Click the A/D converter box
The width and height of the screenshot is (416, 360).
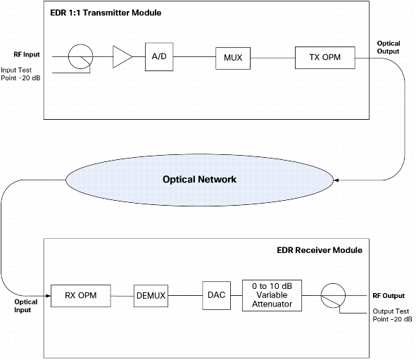[x=159, y=56]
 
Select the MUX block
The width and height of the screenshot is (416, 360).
[x=233, y=58]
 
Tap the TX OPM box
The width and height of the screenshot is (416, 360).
[x=325, y=58]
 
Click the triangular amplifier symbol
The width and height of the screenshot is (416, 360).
[x=122, y=57]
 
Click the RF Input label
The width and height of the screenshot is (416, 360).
[x=27, y=54]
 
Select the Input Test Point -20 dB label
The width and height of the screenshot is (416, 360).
[x=20, y=74]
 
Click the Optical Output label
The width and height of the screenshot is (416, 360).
[x=389, y=47]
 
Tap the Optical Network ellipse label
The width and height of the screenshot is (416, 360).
[x=199, y=179]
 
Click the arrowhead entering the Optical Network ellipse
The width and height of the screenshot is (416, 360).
[x=336, y=180]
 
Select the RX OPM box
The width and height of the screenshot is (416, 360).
[x=81, y=296]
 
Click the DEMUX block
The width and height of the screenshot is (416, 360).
[x=151, y=296]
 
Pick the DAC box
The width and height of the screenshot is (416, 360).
[x=216, y=295]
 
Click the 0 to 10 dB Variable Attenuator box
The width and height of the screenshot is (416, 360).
[x=272, y=295]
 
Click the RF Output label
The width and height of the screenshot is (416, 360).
[x=389, y=296]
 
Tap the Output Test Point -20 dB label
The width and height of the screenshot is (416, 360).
[x=392, y=315]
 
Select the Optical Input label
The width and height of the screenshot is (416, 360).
[x=25, y=306]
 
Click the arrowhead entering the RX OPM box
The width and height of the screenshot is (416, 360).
[x=49, y=296]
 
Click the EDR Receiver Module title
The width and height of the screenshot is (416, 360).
[x=320, y=250]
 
